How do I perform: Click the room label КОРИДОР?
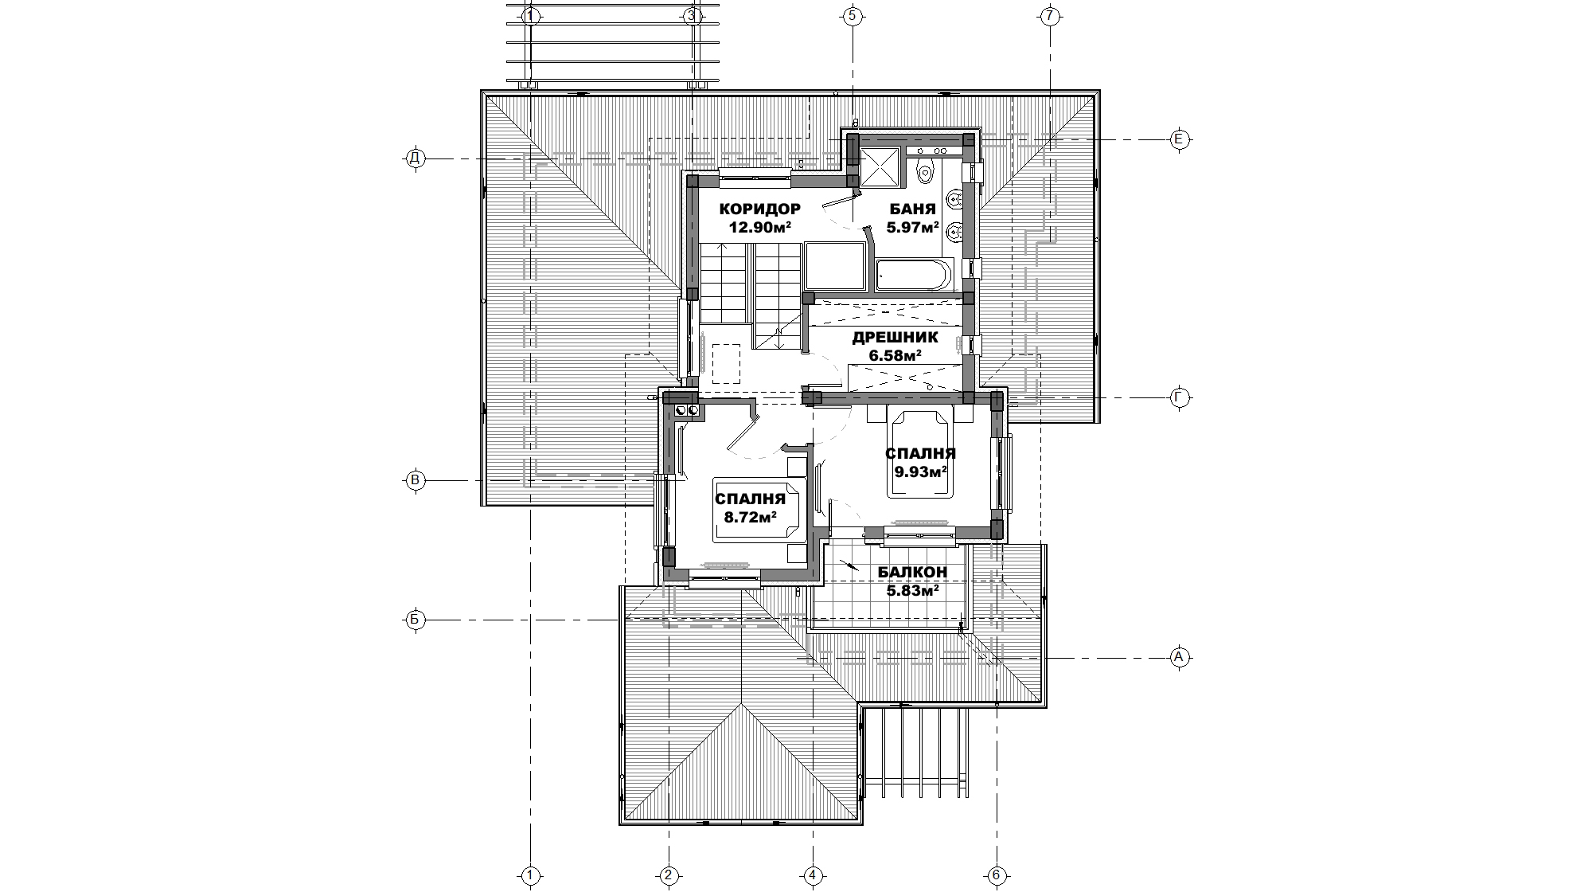(759, 209)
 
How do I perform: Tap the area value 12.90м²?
(759, 227)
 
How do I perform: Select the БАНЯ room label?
(912, 209)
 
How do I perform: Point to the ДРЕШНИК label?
(895, 337)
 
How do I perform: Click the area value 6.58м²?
(895, 354)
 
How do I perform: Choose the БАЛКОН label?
(912, 572)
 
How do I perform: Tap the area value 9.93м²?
(920, 471)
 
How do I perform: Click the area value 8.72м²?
(750, 517)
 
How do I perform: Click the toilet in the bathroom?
(924, 170)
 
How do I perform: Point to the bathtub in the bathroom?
(914, 276)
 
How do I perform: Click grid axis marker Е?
(1180, 139)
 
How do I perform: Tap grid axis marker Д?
(414, 158)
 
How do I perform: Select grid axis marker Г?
(1180, 398)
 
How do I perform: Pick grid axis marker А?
(1180, 657)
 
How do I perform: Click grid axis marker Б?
(414, 620)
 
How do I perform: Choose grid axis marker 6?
(996, 876)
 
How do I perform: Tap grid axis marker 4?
(813, 876)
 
